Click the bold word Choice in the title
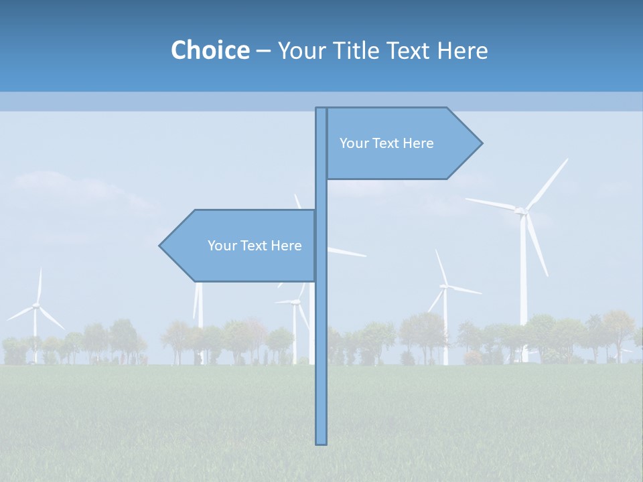click(x=210, y=50)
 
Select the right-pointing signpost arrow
click(x=402, y=143)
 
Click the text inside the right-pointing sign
click(x=386, y=143)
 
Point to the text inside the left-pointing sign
click(x=255, y=246)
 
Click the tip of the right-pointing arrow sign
click(x=480, y=143)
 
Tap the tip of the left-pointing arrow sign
click(x=161, y=246)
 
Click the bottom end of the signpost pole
click(x=321, y=442)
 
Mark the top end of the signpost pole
click(x=321, y=109)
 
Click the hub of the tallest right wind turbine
click(x=520, y=211)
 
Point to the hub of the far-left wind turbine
click(x=36, y=305)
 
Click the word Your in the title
click(x=301, y=50)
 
